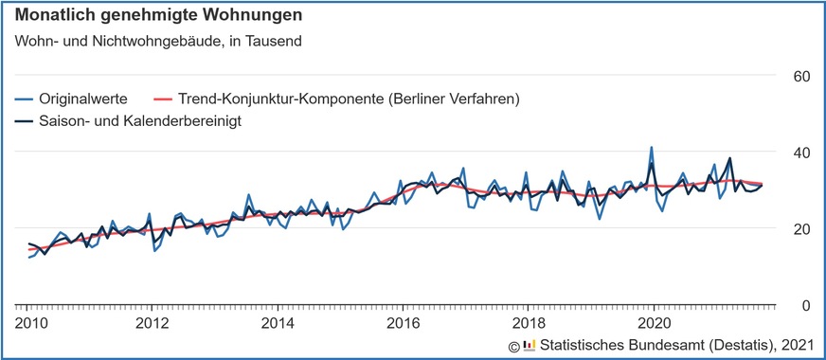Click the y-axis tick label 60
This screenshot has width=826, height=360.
click(799, 76)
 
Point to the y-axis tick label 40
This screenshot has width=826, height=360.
click(799, 153)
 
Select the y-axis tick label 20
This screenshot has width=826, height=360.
click(799, 229)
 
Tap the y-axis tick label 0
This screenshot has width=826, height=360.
click(803, 305)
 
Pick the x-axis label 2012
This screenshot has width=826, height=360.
click(153, 321)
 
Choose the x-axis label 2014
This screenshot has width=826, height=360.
click(278, 321)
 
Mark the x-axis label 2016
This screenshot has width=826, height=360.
click(403, 321)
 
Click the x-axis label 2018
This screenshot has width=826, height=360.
click(528, 321)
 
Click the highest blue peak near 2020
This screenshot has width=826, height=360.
click(652, 148)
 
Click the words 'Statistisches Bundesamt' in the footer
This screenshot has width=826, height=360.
click(626, 344)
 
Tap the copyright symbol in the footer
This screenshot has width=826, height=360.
click(513, 345)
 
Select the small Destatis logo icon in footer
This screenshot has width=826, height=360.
click(529, 345)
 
